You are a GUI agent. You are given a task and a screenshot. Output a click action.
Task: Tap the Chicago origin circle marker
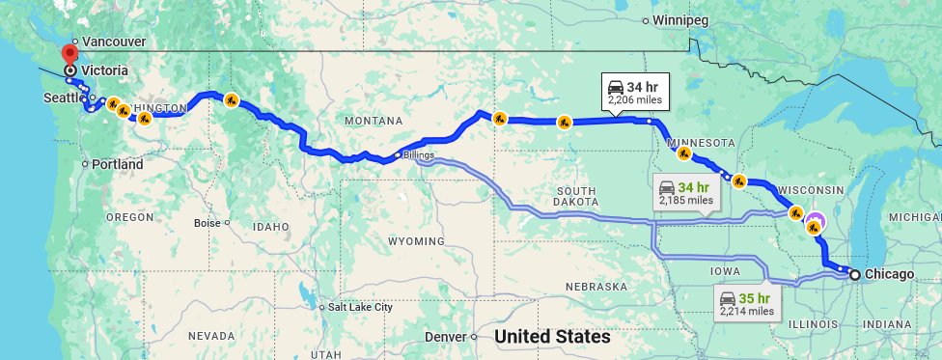click(x=854, y=275)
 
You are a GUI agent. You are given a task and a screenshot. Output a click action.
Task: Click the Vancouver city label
click(x=114, y=42)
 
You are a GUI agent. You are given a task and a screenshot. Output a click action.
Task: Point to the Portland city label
click(x=118, y=164)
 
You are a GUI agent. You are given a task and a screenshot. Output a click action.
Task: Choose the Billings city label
click(x=419, y=154)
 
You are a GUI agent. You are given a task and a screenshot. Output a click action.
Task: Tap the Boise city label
click(x=207, y=222)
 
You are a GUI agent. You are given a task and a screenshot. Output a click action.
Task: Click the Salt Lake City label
click(x=360, y=307)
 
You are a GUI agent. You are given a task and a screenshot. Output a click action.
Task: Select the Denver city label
click(x=447, y=338)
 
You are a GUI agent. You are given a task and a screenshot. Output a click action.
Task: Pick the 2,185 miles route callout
click(x=687, y=193)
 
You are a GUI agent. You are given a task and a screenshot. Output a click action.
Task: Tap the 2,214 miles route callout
click(x=747, y=303)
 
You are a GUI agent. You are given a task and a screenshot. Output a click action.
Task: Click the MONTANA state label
click(x=373, y=121)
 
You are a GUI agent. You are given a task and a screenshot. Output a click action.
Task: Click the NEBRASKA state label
click(x=597, y=288)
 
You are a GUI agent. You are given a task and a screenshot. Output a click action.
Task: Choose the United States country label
click(x=552, y=337)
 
